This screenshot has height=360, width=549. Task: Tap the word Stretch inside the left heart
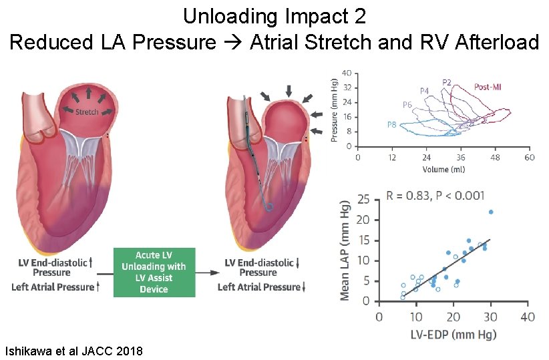coord(87,112)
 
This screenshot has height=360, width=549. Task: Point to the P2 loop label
coord(447,82)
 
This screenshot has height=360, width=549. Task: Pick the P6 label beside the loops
coord(407,105)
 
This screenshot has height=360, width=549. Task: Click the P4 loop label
coord(425,90)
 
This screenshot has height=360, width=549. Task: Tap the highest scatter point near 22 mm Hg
coord(491,212)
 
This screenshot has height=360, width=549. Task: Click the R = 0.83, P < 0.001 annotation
coord(435,196)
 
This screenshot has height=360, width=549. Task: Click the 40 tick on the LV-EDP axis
coord(527,316)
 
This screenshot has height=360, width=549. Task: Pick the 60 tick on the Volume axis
coord(528,158)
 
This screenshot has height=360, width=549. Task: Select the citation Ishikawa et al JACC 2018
coord(73,351)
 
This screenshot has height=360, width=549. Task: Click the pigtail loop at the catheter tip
coord(268,206)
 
